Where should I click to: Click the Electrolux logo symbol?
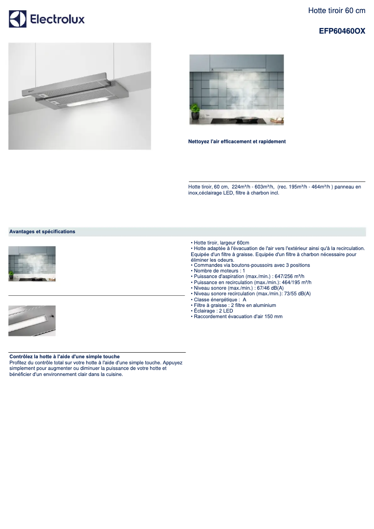point(18,19)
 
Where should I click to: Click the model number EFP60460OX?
point(342,31)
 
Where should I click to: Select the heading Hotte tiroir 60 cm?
point(337,10)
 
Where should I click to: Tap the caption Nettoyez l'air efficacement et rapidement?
point(237,141)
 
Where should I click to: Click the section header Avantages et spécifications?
point(42,231)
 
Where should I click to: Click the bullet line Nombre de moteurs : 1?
point(219,271)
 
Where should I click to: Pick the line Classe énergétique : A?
point(220,299)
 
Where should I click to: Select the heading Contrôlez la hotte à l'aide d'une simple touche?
point(64,356)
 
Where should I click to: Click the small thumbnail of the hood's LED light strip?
point(32,320)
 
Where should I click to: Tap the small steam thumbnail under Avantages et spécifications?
point(32,264)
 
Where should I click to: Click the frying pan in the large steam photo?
point(247,118)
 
